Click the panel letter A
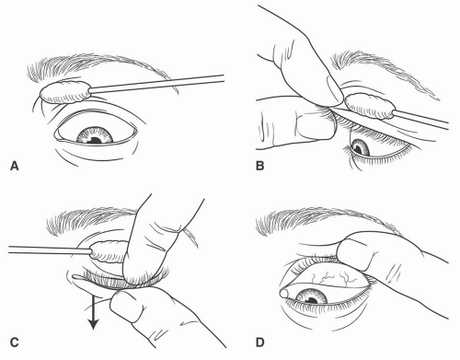point(15,166)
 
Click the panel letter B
point(259,166)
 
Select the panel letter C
point(15,343)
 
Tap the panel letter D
point(259,343)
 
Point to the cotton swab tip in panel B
point(370,106)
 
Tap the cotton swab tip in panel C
point(108,251)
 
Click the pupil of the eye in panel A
point(96,140)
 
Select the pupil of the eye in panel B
point(357,149)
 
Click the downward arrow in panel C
point(93,314)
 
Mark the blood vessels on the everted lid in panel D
point(335,276)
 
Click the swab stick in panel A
point(157,83)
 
